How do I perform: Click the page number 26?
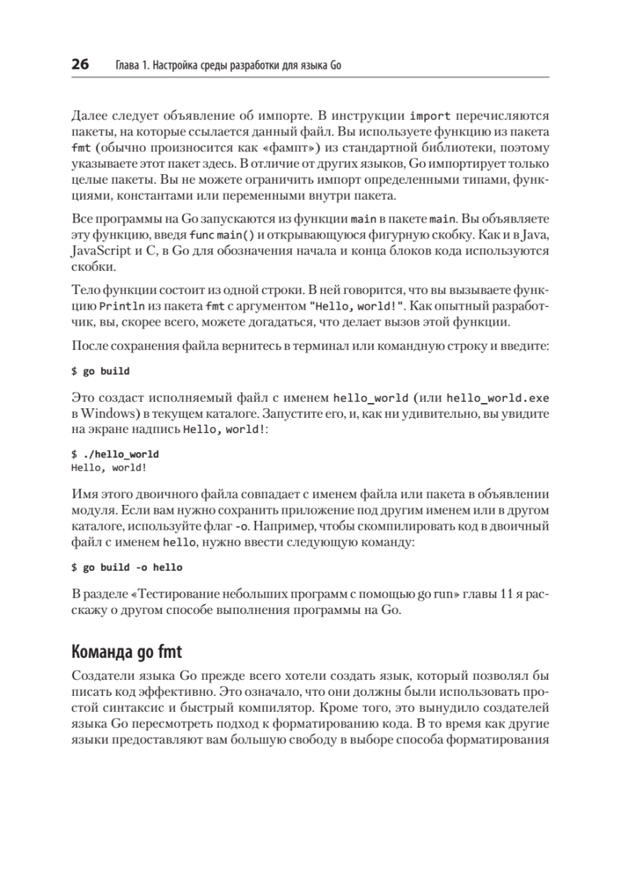point(80,65)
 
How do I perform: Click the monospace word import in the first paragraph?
point(430,116)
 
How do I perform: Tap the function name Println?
point(114,304)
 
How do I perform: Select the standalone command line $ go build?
point(100,371)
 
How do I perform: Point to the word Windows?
point(110,413)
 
